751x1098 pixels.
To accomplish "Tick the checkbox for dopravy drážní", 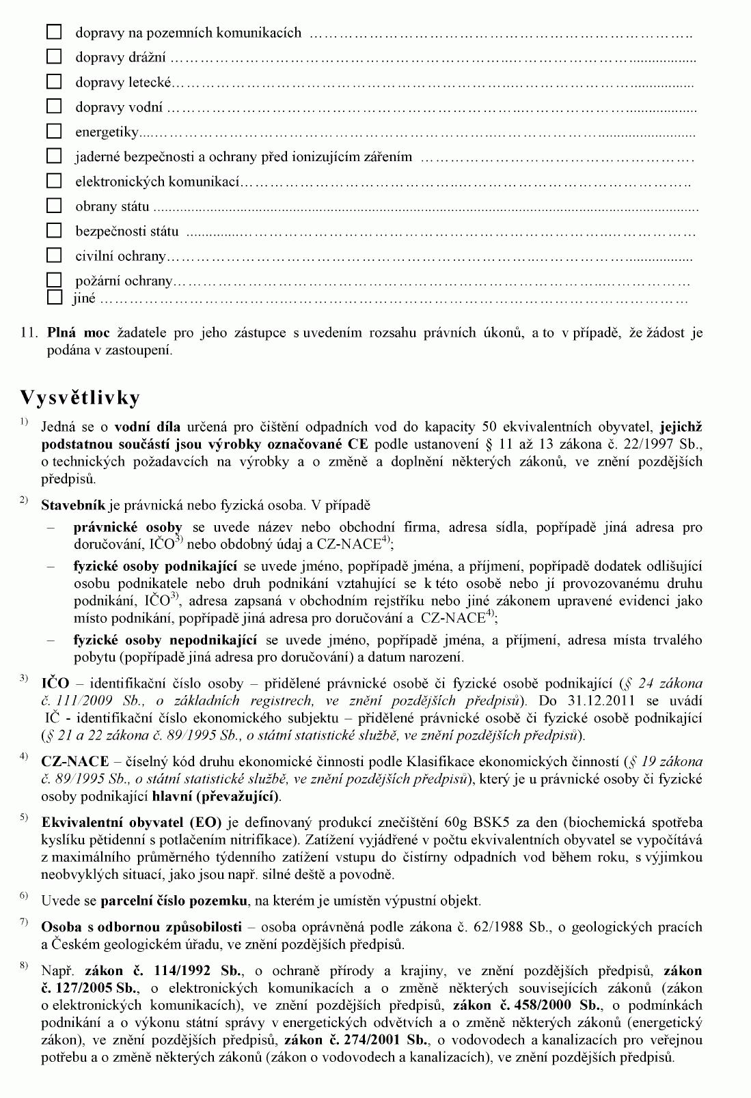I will [54, 57].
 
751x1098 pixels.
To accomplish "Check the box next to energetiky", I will [54, 131].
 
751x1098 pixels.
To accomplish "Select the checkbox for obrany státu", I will [54, 206].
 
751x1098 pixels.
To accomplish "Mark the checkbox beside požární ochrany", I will [54, 281].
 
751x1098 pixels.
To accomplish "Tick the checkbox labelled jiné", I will [54, 298].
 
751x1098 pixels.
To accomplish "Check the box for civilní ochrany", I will [54, 255].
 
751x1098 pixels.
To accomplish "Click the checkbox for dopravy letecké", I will [54, 82].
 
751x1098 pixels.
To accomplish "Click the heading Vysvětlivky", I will [80, 397].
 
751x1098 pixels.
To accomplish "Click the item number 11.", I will [28, 333].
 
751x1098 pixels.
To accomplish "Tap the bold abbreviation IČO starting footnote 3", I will [55, 683].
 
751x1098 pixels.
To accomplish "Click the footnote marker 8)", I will [24, 965].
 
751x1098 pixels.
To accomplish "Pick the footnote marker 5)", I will [24, 817].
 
